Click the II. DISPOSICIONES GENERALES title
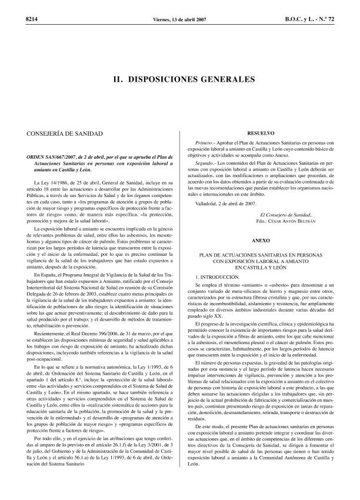[x=179, y=78]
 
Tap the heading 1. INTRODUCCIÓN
[x=218, y=276]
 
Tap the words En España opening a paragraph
[x=45, y=275]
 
